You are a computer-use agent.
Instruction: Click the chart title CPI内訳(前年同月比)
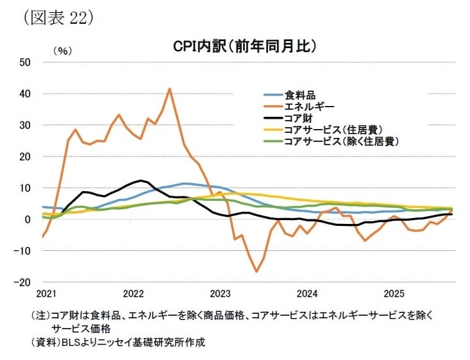click(x=246, y=47)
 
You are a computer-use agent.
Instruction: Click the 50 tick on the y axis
click(x=26, y=62)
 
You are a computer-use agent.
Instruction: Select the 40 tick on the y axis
click(x=26, y=94)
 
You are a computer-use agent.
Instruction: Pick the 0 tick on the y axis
click(x=28, y=219)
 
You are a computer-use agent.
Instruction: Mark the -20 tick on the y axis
click(x=24, y=282)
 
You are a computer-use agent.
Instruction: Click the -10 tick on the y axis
click(x=24, y=251)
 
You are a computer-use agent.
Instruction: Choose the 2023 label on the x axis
click(x=221, y=294)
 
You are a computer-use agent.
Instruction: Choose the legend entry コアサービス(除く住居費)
click(x=340, y=141)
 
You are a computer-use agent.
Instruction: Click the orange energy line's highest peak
click(x=169, y=89)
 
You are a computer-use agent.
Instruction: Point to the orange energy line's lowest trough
click(x=256, y=271)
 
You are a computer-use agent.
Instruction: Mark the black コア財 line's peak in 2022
click(x=140, y=180)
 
